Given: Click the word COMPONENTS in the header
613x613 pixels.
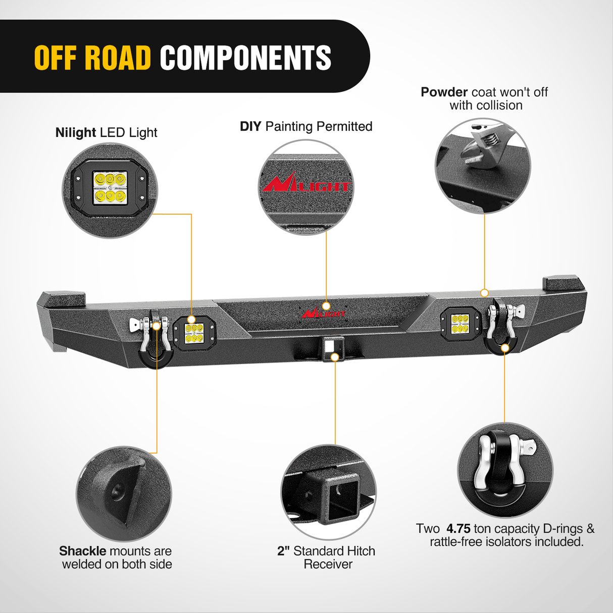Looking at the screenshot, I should click(245, 58).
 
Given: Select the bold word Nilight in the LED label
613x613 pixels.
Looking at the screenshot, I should click(76, 133).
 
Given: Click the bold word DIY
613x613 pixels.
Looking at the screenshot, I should click(250, 127).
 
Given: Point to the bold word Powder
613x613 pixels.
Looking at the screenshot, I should click(444, 92).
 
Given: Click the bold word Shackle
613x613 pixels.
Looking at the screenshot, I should click(82, 551).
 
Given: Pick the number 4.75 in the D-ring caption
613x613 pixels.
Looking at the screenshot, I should click(458, 529).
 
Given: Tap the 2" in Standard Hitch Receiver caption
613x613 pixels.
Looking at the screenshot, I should click(283, 551).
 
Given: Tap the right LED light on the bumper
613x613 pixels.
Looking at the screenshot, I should click(459, 323).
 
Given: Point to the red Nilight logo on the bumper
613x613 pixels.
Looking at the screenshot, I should click(323, 313).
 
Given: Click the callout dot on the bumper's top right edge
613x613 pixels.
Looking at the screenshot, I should click(484, 293).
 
